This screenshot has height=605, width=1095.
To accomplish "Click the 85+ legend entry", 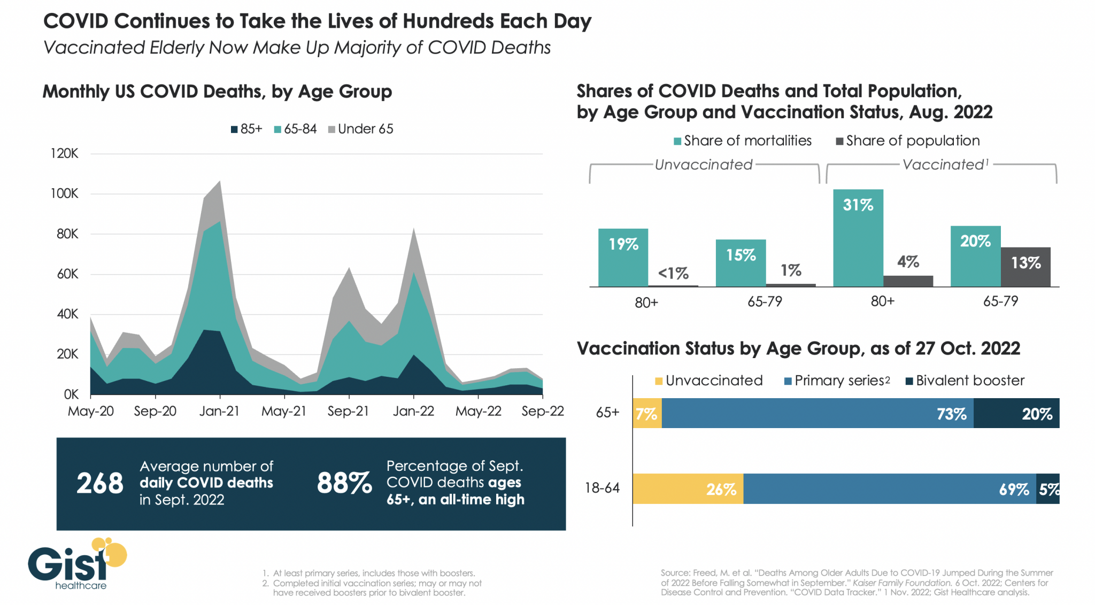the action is click(246, 129).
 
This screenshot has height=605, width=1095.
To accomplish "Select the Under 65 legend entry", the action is click(361, 129).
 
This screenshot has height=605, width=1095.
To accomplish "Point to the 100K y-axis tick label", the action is click(64, 193).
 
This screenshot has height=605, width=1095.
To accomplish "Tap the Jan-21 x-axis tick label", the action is click(219, 411).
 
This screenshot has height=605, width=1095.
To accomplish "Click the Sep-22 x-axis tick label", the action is click(543, 411).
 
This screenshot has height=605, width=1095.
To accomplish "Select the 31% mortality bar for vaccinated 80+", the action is click(858, 238).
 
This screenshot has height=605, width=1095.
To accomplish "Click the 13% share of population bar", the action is click(1025, 267).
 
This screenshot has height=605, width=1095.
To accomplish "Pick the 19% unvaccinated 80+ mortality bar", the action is click(623, 258).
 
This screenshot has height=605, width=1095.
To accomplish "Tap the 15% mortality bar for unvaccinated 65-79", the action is click(741, 263).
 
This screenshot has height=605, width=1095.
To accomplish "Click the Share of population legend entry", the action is click(908, 141).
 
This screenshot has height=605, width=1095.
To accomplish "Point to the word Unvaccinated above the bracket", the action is click(704, 165).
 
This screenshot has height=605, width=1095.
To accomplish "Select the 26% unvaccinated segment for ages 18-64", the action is click(688, 488).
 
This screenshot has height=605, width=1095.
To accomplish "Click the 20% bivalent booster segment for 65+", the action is click(1016, 413).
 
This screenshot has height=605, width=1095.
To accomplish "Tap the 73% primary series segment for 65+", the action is click(818, 413).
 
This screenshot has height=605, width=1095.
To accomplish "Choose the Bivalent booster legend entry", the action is click(965, 381).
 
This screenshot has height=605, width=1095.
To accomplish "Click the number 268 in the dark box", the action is click(100, 483).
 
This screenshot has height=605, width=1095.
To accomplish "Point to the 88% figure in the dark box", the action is click(344, 483).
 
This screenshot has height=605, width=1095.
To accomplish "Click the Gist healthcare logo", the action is click(78, 563).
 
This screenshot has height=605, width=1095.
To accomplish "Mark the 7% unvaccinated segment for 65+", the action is click(647, 413).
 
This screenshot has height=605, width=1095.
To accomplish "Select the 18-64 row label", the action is click(602, 487).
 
